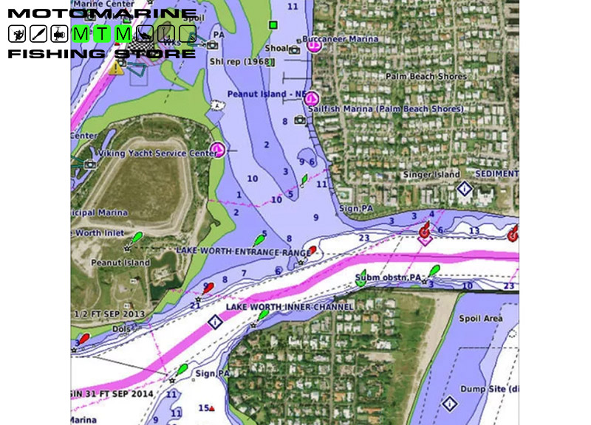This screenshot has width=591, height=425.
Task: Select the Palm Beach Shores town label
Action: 426,76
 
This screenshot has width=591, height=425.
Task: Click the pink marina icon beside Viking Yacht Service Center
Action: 217,150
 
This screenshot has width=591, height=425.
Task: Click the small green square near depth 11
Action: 273,25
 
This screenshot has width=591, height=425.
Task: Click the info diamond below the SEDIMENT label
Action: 464,189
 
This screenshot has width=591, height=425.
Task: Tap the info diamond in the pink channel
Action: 215,322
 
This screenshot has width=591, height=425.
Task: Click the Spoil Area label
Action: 482,318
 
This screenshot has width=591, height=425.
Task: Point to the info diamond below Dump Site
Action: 449,404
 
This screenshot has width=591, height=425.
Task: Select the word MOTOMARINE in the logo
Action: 102,14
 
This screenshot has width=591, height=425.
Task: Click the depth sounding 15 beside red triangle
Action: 203,407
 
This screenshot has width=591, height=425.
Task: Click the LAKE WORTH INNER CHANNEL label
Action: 279,306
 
